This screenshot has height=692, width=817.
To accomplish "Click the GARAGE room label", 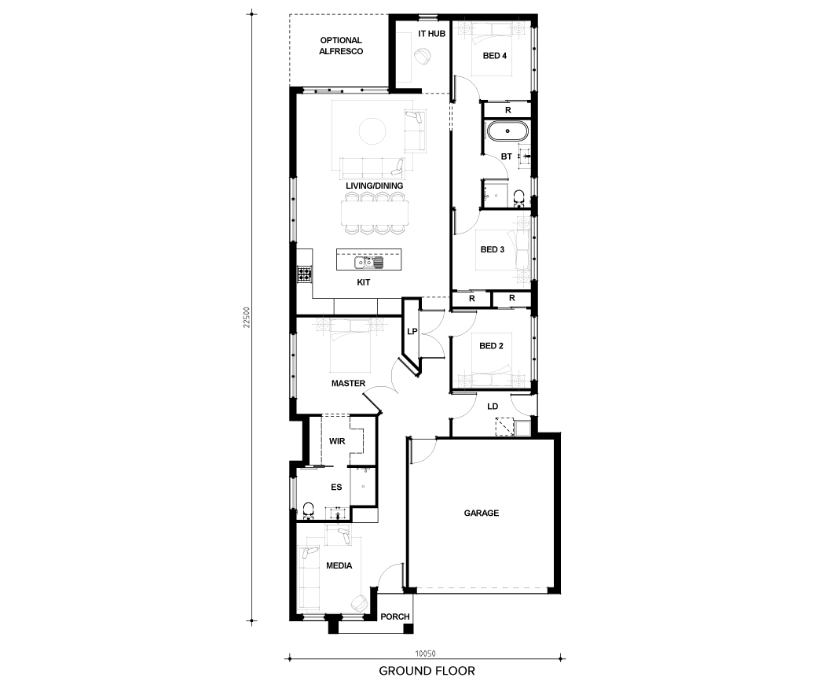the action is tap(482, 513).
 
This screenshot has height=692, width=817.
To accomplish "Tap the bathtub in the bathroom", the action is tap(507, 131).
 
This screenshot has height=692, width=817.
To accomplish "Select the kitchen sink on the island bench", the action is tap(369, 263).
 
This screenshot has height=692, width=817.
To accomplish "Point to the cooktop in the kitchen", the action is tap(304, 274).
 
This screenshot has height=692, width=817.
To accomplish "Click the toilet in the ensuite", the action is tap(309, 512).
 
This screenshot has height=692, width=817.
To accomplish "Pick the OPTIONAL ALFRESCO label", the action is tap(341, 46).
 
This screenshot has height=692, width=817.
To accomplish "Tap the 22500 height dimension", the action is tap(247, 317).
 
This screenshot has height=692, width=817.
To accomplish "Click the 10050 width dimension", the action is tap(425, 653).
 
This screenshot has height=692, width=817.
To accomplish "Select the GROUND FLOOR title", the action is tap(427, 671).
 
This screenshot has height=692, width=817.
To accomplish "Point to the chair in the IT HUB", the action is tap(423, 56).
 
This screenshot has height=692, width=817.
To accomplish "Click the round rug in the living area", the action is tap(372, 131).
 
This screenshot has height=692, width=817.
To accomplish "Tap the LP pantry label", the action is tap(412, 331).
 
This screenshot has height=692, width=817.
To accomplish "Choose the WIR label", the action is tap(337, 441).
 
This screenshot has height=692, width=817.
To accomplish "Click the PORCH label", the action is tap(395, 617).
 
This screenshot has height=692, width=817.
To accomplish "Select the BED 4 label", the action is tap(495, 56).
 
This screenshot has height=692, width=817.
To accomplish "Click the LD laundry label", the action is tap(493, 407).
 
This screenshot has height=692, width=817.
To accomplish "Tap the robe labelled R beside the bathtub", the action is tap(508, 110).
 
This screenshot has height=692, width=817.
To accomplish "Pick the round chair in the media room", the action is tap(359, 603).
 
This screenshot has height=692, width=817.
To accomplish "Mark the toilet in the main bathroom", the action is tap(519, 198).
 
